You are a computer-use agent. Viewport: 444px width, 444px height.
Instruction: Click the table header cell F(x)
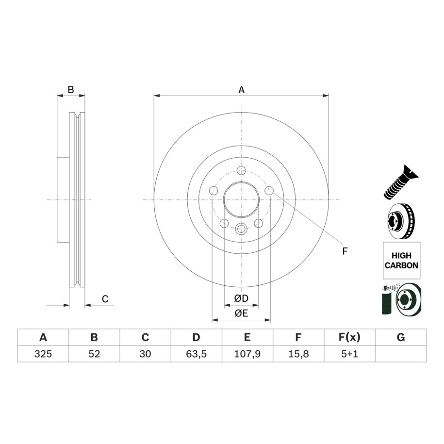coord(349,337)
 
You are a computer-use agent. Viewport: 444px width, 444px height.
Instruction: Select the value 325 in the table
coord(43,354)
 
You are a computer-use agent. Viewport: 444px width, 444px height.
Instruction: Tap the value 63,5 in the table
coord(196,354)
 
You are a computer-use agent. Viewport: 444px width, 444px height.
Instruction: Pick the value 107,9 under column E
coord(247,354)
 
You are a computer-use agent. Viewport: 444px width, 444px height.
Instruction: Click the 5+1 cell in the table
coord(349,354)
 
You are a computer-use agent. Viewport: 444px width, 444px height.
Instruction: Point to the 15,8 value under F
coord(298,354)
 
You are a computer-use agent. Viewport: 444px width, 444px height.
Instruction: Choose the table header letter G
coord(401,337)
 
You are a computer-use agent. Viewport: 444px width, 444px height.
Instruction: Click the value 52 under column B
coord(94,354)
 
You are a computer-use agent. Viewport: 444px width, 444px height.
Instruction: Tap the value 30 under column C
coord(145,354)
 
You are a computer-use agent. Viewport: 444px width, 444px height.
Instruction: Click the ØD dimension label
coord(241,298)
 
